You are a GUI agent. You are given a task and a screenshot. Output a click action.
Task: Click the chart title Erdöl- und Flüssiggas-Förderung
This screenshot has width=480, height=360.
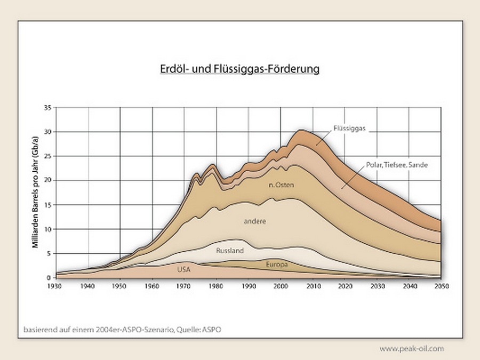pos(239,69)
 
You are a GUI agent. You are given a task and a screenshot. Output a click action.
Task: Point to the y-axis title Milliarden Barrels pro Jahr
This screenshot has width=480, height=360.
pos(35,193)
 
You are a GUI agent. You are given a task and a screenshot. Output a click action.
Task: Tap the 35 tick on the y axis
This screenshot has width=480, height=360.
pos(47,108)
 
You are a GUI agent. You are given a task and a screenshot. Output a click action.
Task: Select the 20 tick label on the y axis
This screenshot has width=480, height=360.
pos(47,180)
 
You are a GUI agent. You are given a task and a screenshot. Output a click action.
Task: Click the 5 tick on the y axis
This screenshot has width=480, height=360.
pos(49,253)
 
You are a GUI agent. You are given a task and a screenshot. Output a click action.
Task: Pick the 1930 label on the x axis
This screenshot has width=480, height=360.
pos(55,286)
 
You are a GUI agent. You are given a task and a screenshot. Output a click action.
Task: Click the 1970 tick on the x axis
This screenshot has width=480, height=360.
pos(185,286)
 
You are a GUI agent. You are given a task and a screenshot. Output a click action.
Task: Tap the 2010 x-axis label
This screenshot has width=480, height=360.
pos(313,286)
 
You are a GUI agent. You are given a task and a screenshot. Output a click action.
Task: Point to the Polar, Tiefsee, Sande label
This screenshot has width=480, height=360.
pos(397,165)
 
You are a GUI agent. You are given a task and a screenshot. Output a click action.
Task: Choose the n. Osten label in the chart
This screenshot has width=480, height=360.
pos(281,185)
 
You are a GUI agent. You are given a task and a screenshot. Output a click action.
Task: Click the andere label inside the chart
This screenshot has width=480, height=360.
pos(255,221)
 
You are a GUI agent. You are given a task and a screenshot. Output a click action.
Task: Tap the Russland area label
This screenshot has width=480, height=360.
pos(230,250)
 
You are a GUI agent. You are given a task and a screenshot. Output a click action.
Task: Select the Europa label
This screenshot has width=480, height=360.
pos(277,265)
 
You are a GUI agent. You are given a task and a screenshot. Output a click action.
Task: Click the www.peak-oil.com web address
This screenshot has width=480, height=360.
pos(411,349)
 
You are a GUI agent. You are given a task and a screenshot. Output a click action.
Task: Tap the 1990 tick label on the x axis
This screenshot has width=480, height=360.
pos(249,286)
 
